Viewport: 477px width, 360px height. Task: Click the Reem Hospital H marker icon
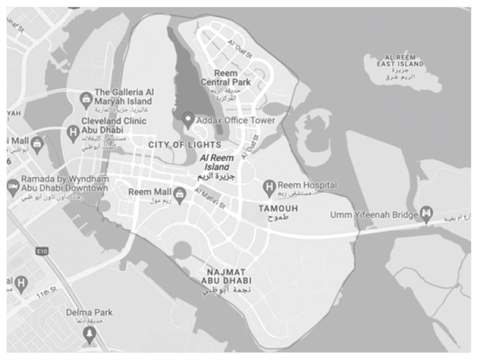click(269, 185)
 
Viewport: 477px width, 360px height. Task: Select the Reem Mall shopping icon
click(180, 193)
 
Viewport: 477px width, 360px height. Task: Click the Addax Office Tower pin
click(189, 120)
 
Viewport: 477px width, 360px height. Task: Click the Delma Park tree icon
click(88, 333)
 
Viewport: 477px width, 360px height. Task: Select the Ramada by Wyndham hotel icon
click(12, 186)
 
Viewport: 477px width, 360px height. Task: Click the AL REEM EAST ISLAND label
click(395, 60)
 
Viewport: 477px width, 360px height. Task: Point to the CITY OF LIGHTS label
click(184, 145)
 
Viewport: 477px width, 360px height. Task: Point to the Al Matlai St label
click(210, 198)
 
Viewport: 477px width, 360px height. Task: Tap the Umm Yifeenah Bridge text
click(374, 214)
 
